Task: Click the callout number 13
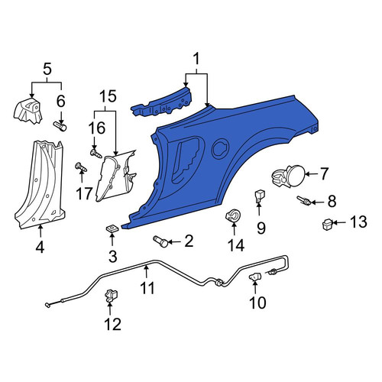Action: coord(358,222)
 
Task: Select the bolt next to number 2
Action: coord(160,241)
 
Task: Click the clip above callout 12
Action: coord(112,296)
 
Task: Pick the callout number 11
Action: coord(147,288)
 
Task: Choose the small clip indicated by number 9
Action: coord(260,196)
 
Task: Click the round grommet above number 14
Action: coord(234,215)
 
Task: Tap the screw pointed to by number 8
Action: coord(303,200)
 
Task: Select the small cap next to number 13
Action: coord(327,224)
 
